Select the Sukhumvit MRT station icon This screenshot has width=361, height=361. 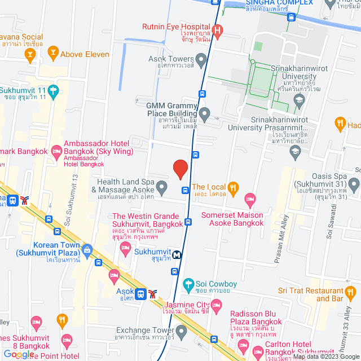pyautogui.click(x=177, y=254)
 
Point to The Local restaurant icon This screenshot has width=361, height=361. pyautogui.click(x=234, y=187)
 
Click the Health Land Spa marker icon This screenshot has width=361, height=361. pyautogui.click(x=162, y=186)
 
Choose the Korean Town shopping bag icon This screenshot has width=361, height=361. pyautogui.click(x=87, y=249)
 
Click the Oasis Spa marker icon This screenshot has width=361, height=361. pyautogui.click(x=354, y=184)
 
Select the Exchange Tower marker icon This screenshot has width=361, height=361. pyautogui.click(x=181, y=331)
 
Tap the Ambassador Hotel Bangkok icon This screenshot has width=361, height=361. pyautogui.click(x=56, y=151)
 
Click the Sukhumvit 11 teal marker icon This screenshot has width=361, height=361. pyautogui.click(x=53, y=90)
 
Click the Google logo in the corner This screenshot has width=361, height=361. pyautogui.click(x=17, y=354)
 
